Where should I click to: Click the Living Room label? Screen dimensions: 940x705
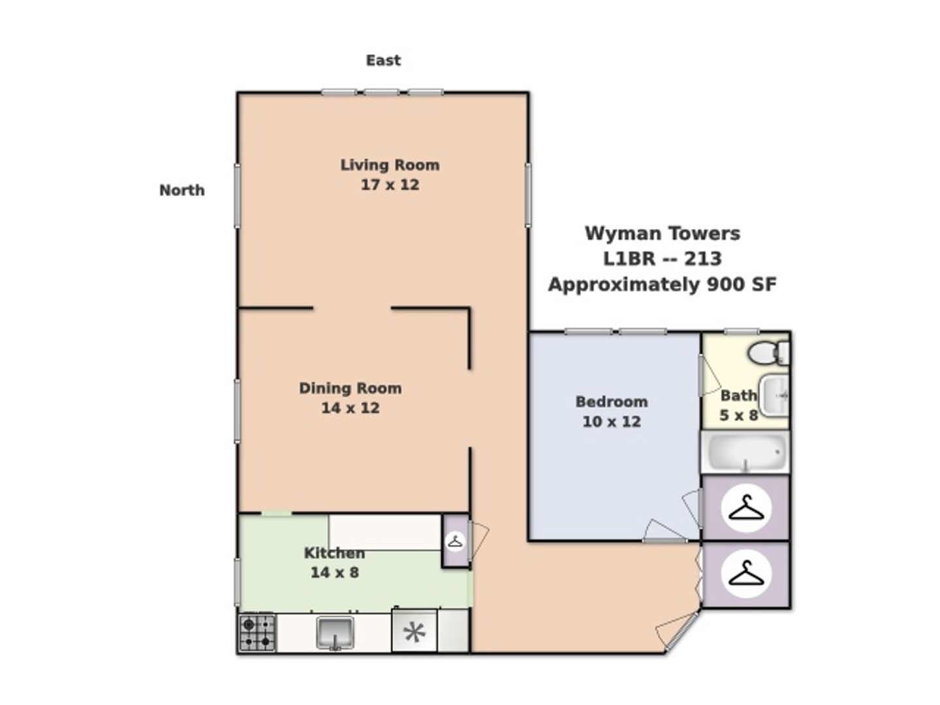pos(390,165)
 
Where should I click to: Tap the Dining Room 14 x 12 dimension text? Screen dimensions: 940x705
pos(351,408)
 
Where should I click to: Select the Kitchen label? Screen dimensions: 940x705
pos(334,553)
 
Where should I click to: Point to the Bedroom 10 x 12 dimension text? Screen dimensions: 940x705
pos(612,422)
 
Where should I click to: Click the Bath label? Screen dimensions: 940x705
pos(738,396)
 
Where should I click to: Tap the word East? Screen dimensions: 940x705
pos(383,60)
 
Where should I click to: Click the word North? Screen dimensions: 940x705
pos(182,191)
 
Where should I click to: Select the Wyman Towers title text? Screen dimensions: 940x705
pos(663,234)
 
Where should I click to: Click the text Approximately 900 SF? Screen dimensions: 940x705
pos(662,285)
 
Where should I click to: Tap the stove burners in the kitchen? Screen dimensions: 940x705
pos(257,633)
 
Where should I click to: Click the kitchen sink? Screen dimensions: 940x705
pos(335,633)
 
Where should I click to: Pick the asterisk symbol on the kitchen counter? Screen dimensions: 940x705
pos(415,633)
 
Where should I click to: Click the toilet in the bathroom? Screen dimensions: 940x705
pos(768,353)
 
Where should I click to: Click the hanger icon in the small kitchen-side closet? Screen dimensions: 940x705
pos(455,542)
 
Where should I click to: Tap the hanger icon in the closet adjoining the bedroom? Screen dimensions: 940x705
pos(746,508)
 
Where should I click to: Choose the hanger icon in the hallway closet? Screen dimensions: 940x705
pos(746,574)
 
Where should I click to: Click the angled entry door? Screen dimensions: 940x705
pos(681,632)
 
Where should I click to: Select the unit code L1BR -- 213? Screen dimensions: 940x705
pos(663,259)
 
